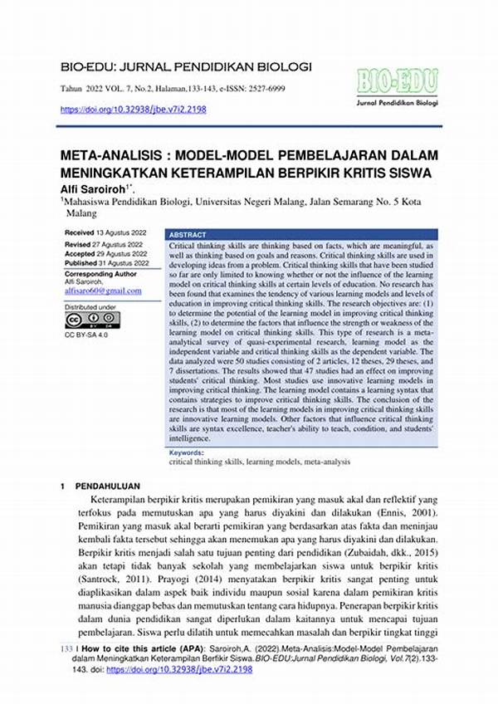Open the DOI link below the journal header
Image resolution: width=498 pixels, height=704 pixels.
[134, 109]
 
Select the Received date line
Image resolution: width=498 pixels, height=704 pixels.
[102, 232]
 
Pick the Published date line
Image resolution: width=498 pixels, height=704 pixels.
[105, 262]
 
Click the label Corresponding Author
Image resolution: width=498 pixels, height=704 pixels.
[102, 272]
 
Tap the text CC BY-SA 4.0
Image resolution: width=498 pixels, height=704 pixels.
[86, 335]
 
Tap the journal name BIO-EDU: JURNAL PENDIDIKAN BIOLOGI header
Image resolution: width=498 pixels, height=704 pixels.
[174, 66]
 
